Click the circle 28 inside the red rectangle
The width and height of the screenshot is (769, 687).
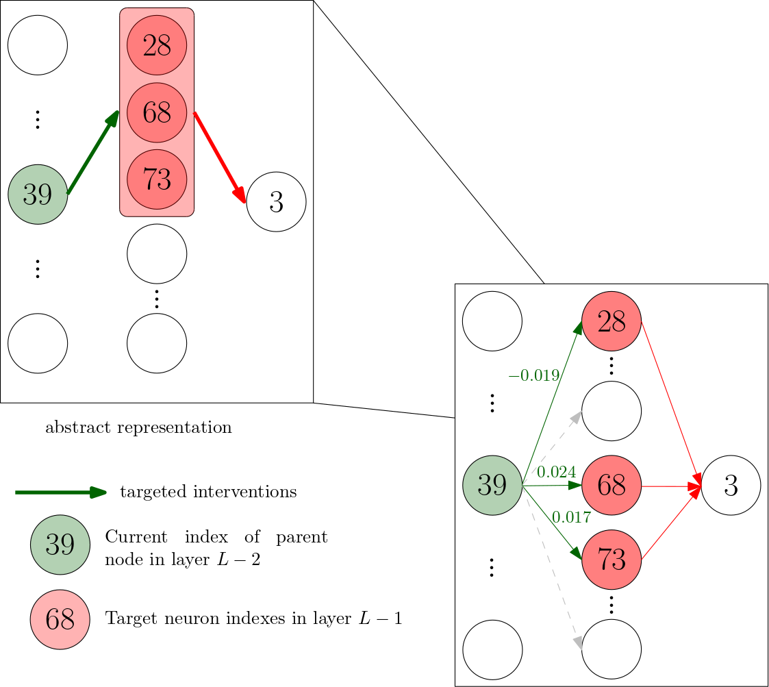click(157, 45)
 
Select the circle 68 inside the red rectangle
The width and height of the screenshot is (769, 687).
click(157, 112)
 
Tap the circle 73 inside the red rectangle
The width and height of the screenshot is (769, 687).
click(157, 179)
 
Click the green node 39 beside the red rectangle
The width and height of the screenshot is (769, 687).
click(38, 195)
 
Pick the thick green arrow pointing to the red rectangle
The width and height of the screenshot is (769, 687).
click(93, 152)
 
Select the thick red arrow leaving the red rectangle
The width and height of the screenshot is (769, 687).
click(220, 158)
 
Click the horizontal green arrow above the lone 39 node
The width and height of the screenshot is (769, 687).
click(60, 492)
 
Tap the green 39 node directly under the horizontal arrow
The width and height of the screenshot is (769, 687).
click(60, 545)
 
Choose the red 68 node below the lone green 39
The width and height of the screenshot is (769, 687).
click(60, 619)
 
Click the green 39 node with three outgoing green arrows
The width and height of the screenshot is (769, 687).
click(492, 485)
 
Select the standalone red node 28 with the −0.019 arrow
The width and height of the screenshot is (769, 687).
click(612, 321)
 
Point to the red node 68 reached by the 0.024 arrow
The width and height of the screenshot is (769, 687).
click(612, 485)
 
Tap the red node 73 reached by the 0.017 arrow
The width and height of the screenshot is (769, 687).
click(612, 560)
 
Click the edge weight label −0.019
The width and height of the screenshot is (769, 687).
click(534, 375)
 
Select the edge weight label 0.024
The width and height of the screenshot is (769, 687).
click(556, 472)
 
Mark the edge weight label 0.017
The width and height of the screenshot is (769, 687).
click(571, 518)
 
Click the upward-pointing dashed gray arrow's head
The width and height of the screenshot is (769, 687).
click(577, 415)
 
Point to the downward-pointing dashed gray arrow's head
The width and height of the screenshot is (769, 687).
click(578, 643)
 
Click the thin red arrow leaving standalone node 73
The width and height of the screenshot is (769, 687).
click(671, 522)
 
